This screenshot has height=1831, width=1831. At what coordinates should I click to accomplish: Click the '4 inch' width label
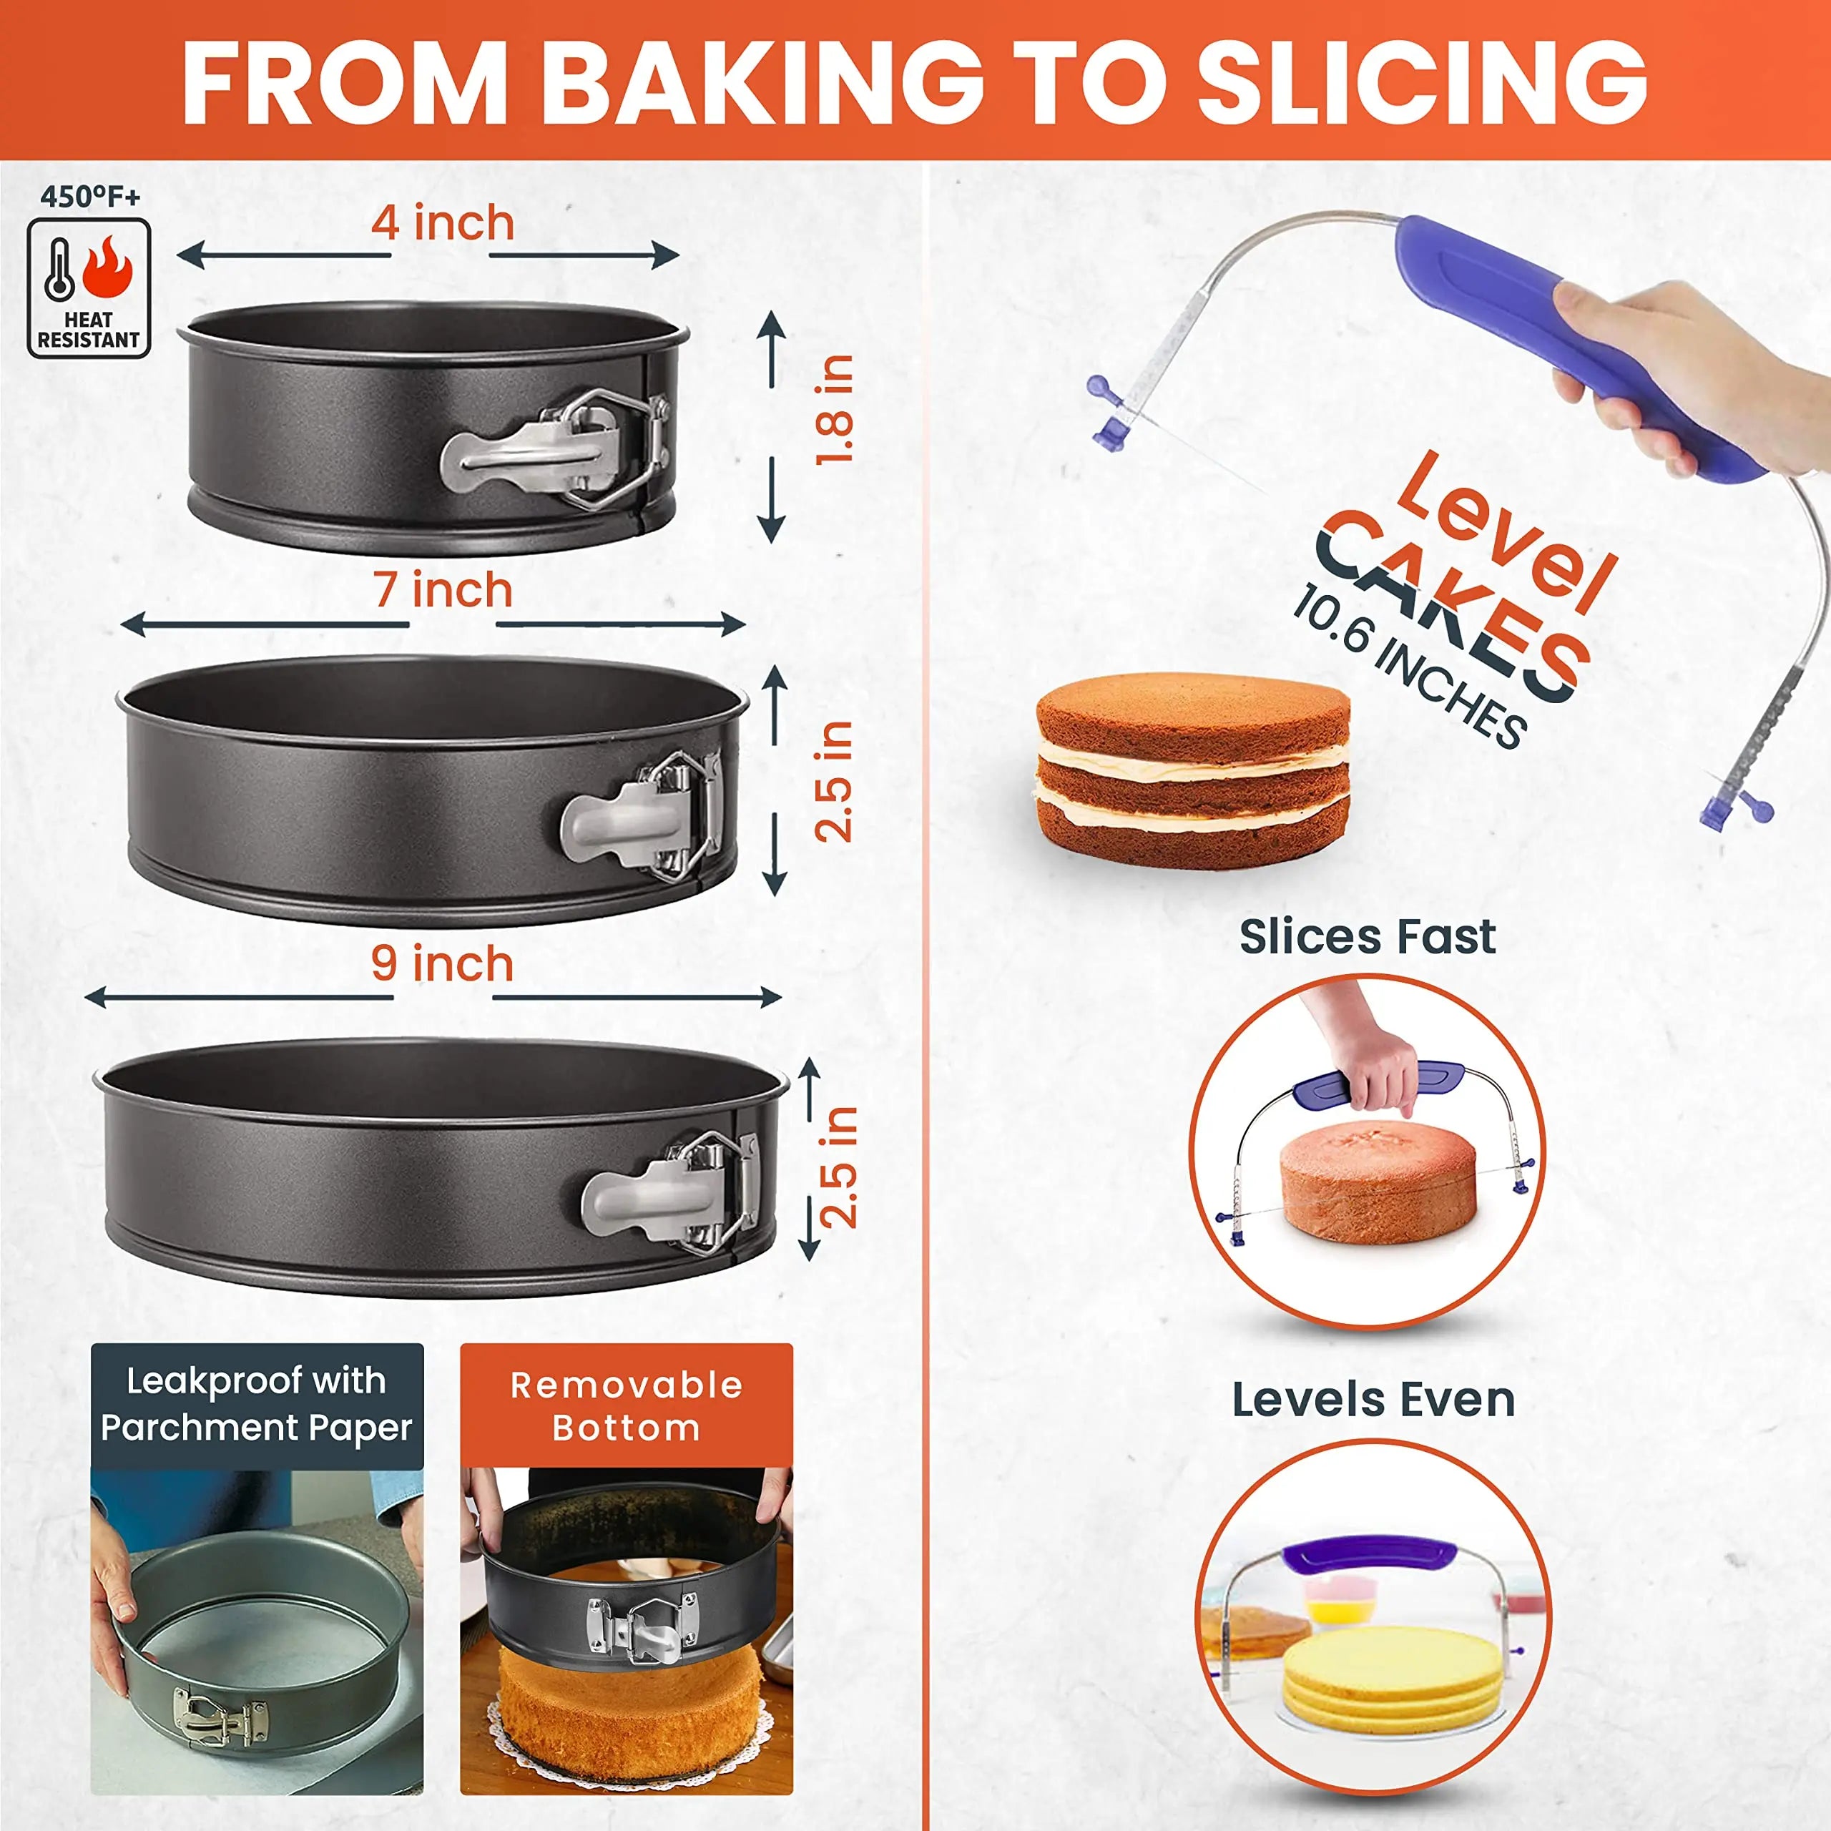tap(443, 224)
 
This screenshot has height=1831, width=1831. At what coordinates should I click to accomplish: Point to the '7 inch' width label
tap(443, 591)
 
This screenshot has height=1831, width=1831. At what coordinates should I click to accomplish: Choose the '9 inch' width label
tap(443, 964)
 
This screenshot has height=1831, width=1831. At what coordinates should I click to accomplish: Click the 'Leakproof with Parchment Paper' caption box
tap(257, 1405)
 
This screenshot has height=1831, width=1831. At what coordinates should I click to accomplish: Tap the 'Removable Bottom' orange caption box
tap(627, 1405)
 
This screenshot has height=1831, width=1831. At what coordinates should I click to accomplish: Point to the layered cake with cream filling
tap(1192, 769)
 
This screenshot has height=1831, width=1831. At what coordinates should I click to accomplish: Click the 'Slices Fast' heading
tap(1367, 937)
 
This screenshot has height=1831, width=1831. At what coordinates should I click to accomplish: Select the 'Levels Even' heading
tap(1373, 1400)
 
